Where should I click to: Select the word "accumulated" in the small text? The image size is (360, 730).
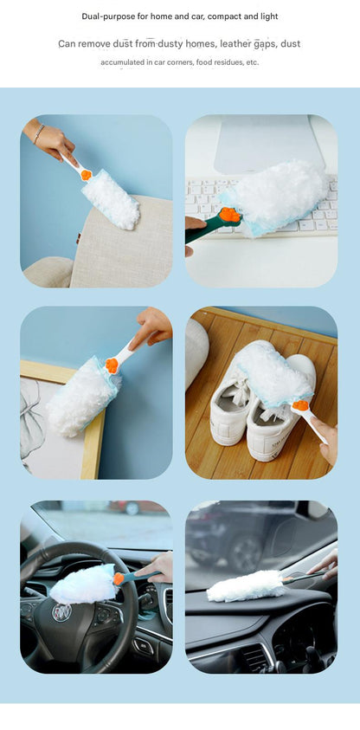[x=120, y=62]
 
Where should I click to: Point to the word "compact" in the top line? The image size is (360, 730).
[x=224, y=16]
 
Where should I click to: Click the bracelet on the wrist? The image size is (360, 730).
[x=39, y=133]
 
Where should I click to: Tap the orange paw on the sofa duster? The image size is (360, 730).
[x=86, y=175]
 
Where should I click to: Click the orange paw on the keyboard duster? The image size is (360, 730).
[x=231, y=215]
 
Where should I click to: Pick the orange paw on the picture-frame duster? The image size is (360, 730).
[x=111, y=365]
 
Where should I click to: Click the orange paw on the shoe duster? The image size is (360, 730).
[x=300, y=405]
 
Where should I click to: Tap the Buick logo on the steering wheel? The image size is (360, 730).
[x=61, y=612]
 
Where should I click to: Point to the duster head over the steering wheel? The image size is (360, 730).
[x=83, y=585]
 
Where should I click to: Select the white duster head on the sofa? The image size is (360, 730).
[x=111, y=199]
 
